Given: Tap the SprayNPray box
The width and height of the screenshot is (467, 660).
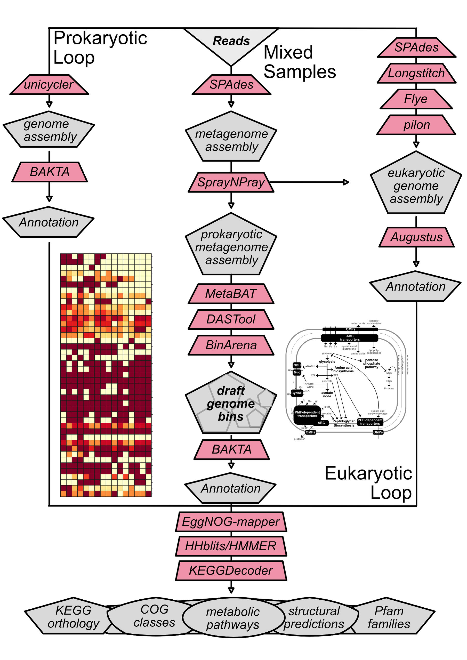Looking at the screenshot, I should pos(231,182).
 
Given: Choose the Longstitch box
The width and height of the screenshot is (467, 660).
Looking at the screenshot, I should pos(416,73).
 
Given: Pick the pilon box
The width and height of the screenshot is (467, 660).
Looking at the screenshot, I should pos(416,125).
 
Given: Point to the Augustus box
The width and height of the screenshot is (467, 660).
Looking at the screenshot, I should pos(416,237).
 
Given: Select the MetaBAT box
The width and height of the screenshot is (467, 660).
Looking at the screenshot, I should pos(231,294).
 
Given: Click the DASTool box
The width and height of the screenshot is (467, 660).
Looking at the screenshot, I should pos(231,319).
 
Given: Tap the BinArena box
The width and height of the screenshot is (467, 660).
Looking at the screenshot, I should pos(231,345).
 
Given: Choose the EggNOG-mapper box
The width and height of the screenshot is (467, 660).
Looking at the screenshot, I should pos(231,522).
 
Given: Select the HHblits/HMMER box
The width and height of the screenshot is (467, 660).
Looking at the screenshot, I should pos(231,546).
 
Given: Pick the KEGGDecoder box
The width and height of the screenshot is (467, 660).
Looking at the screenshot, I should pos(231,570).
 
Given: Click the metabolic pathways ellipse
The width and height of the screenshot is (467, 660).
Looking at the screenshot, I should pos(233,618).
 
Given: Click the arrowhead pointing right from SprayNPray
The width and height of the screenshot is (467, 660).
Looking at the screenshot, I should pos(346,182).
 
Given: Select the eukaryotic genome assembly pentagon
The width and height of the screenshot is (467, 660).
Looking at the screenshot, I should pos(416,186).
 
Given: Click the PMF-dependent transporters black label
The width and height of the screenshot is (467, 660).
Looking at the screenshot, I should pos(307,414).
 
